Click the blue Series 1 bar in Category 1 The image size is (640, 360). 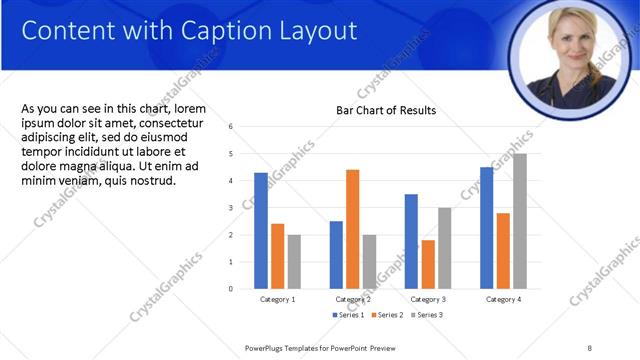pos(261,231)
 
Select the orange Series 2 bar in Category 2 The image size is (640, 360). pos(352,229)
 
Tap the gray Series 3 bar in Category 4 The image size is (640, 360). pos(519,221)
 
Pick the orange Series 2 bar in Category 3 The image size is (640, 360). pos(428,264)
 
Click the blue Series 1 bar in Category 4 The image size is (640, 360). pos(486,228)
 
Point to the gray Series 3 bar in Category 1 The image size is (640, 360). pos(294,262)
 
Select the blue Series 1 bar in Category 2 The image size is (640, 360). pos(336,255)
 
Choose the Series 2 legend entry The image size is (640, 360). pos(389,315)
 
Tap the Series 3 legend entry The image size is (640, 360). pos(427,315)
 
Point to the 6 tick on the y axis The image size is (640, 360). pos(231,127)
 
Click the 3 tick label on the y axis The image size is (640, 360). pos(231,208)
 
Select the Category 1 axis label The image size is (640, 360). pos(277,299)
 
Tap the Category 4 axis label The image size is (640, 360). pos(503,299)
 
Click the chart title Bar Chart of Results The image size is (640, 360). pos(386,110)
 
